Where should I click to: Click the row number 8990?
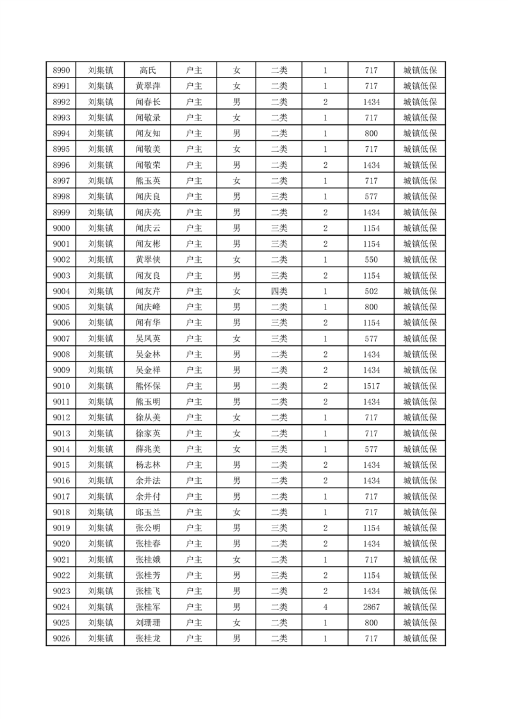[61, 70]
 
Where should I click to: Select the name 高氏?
[147, 70]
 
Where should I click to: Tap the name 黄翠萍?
[147, 87]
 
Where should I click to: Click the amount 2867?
[371, 606]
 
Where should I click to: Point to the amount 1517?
[371, 386]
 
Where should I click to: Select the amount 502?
[371, 291]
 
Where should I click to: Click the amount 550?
[371, 260]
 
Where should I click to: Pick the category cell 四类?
[279, 291]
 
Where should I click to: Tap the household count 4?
[325, 606]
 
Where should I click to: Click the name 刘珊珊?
[147, 622]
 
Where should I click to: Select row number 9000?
[61, 228]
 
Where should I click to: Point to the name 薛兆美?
[147, 449]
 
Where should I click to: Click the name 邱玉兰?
[147, 512]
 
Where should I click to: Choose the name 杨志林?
[147, 465]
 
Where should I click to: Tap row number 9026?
[61, 638]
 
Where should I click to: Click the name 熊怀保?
[147, 386]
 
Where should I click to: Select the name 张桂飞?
[147, 591]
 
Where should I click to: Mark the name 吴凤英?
[147, 338]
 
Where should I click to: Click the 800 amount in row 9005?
[371, 307]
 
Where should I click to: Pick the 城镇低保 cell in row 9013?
[420, 433]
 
